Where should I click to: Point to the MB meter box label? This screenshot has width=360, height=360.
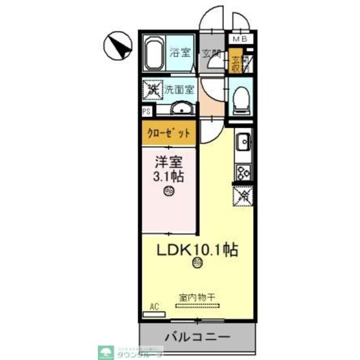240,39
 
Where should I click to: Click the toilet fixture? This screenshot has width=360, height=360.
240,97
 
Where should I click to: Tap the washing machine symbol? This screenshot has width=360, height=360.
151,89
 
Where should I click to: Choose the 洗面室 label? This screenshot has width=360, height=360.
179,89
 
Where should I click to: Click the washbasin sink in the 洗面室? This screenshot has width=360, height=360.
181,109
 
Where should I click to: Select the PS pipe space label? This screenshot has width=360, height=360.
146,111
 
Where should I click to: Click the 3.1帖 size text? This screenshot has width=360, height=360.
169,175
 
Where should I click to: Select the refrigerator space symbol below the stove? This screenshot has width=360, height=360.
244,196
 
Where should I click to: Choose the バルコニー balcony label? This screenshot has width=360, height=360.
197,337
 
